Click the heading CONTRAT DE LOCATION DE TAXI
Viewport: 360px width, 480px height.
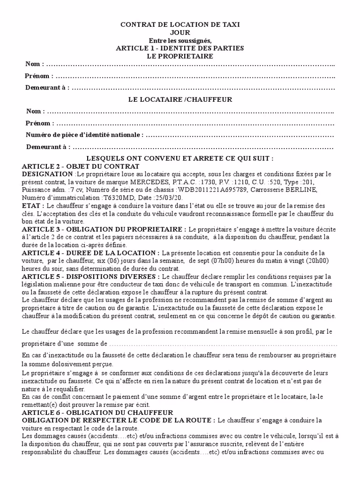180,24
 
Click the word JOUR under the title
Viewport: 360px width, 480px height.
180,32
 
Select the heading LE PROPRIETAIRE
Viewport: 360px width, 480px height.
180,56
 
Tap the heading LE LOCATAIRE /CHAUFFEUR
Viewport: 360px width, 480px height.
180,99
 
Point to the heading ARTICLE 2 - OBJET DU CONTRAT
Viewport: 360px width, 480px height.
81,166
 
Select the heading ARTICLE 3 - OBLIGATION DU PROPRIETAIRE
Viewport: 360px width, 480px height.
103,229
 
